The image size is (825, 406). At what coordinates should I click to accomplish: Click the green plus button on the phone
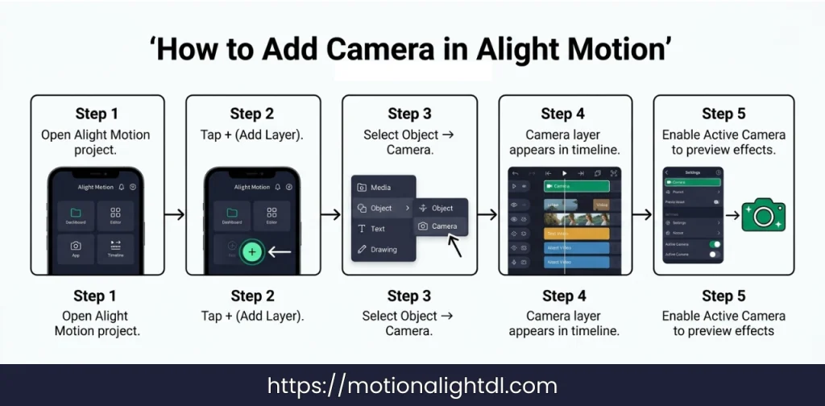(x=252, y=252)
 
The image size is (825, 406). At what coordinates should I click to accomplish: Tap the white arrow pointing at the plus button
(x=279, y=252)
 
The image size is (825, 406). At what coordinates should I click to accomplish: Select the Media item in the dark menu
(x=380, y=188)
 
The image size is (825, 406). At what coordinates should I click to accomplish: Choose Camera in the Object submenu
(x=441, y=226)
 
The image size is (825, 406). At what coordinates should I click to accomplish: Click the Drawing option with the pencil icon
(x=383, y=250)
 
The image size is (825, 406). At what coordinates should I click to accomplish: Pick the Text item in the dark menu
(x=377, y=229)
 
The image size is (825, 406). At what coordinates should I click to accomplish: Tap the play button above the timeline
(x=565, y=173)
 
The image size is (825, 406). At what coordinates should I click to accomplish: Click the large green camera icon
(x=763, y=215)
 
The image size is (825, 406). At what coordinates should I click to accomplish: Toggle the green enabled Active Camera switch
(x=714, y=243)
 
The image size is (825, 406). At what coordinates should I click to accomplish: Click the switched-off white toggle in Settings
(x=714, y=255)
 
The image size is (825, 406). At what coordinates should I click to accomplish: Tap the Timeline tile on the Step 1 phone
(x=115, y=249)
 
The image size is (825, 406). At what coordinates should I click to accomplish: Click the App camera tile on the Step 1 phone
(x=76, y=249)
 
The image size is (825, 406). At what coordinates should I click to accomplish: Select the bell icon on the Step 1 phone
(x=122, y=187)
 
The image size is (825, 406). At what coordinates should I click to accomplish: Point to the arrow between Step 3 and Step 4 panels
(x=487, y=215)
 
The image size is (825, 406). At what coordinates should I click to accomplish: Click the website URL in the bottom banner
(x=412, y=386)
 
